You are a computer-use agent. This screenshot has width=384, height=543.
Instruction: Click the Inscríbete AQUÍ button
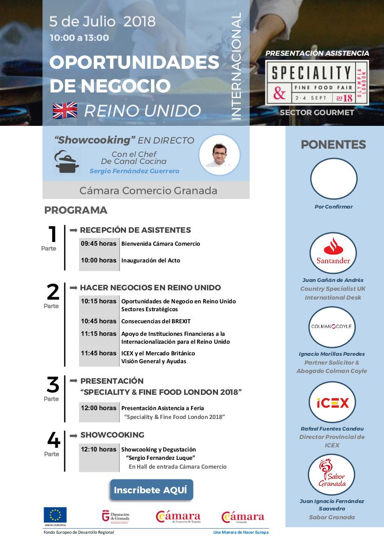[151, 490]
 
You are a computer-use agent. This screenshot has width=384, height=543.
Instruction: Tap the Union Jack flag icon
[65, 111]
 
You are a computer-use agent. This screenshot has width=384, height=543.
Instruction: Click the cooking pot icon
[66, 161]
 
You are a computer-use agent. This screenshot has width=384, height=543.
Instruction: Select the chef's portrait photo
[219, 155]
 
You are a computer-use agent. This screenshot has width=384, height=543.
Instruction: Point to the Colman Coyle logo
[333, 327]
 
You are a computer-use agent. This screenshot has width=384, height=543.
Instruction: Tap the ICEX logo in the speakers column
[333, 402]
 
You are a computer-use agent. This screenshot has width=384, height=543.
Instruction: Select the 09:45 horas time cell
[99, 243]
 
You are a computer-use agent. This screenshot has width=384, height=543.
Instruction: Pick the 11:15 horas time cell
[99, 334]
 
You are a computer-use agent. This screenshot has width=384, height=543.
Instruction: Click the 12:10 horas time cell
[99, 449]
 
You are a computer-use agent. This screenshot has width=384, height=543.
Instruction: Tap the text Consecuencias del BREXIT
[156, 321]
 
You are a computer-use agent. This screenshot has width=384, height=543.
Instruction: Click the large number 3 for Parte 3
[53, 385]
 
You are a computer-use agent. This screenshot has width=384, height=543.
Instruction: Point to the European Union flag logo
[55, 515]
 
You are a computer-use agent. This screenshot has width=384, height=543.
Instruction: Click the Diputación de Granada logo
[116, 517]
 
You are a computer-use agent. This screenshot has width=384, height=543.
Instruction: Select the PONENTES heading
[333, 144]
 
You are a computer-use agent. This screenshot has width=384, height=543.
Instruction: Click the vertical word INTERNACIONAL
[236, 66]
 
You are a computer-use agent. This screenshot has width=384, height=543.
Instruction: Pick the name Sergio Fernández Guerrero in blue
[134, 171]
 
